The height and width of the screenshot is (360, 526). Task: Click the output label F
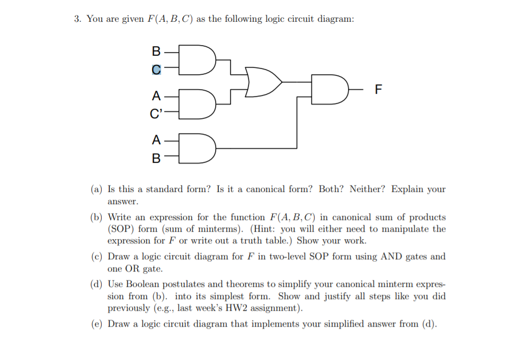click(x=378, y=89)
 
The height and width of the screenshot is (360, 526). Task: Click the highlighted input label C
click(x=156, y=69)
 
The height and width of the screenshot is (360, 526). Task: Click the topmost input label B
click(x=156, y=51)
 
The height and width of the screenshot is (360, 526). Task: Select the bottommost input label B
click(x=156, y=158)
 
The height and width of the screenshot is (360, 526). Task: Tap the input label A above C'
click(x=156, y=96)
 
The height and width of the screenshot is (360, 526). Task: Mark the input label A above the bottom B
click(x=156, y=140)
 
